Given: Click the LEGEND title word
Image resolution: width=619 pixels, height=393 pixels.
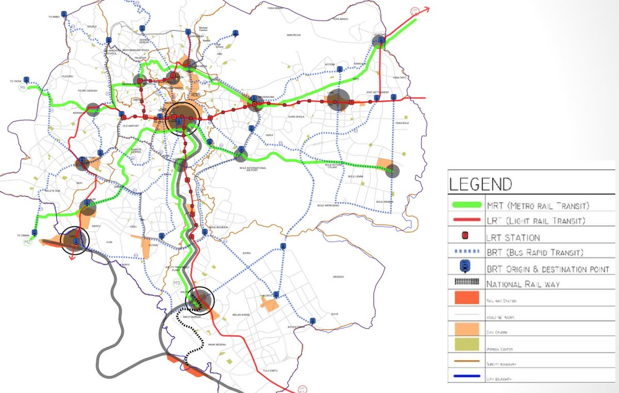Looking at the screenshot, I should tap(481, 184).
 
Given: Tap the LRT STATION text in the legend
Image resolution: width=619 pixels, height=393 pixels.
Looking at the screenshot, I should tap(513, 237).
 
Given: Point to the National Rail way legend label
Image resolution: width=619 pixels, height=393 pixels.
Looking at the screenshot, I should tap(523, 284).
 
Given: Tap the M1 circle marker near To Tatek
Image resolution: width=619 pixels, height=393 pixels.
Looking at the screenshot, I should tap(23, 89).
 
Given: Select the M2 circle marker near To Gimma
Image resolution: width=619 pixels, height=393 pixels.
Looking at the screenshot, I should tap(28, 241).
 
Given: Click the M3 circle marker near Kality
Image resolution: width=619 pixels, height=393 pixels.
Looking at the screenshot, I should tap(176, 283).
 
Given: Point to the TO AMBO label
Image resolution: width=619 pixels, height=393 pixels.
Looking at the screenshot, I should tap(54, 17).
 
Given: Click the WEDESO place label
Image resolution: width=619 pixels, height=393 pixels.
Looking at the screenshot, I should tap(338, 276).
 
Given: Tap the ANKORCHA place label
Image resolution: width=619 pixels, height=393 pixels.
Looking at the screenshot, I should tap(294, 35).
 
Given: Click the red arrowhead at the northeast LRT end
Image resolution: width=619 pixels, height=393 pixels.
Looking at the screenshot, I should tap(427, 9).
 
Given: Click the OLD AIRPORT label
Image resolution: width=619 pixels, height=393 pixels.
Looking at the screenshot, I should tap(131, 126).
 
